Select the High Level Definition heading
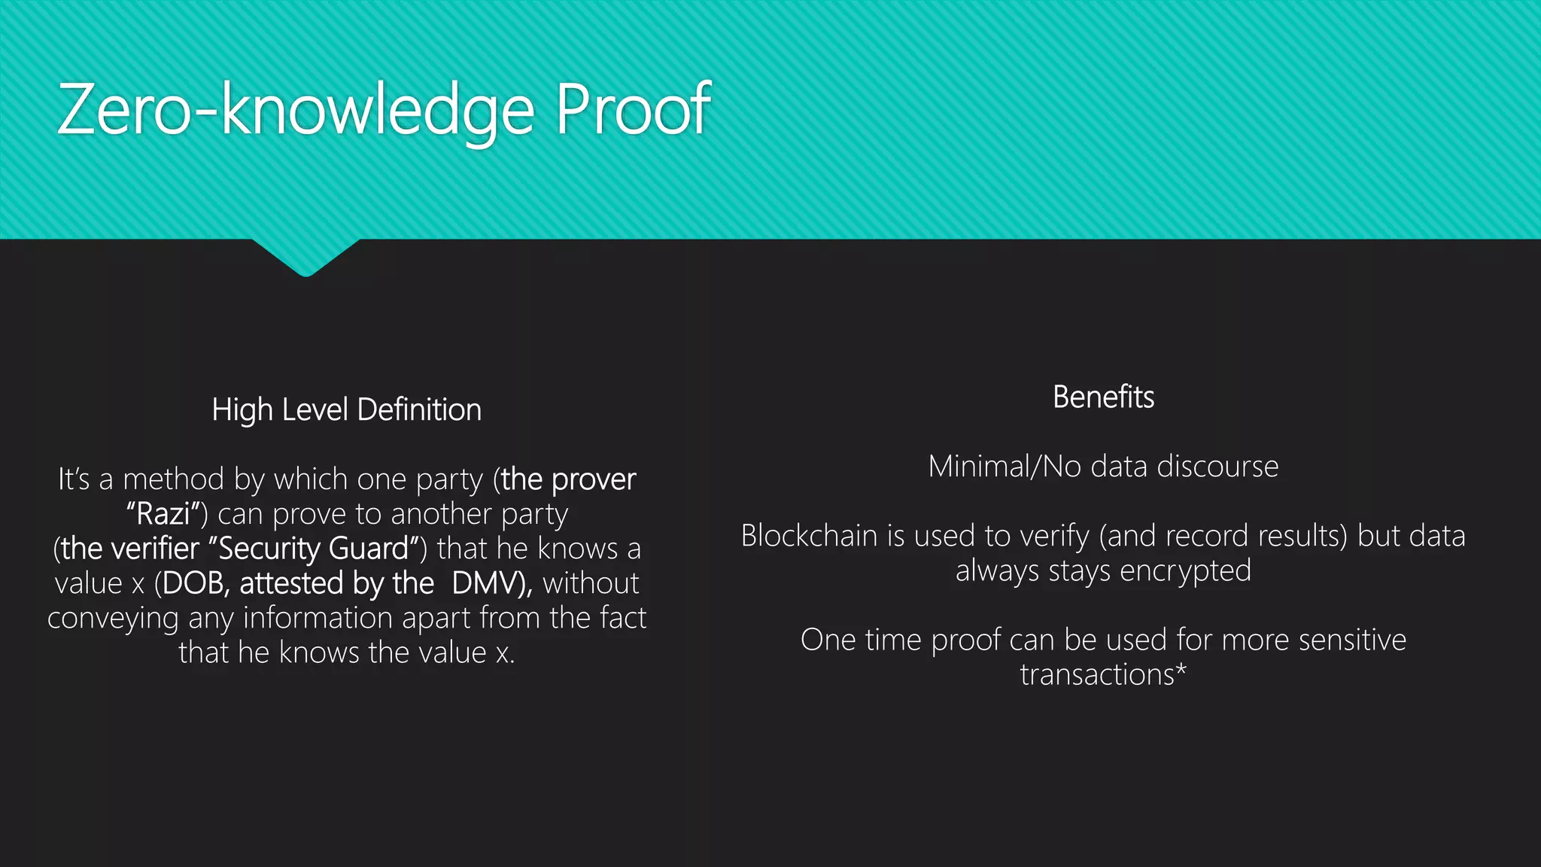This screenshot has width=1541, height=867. (x=346, y=410)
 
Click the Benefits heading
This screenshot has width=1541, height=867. (x=1103, y=397)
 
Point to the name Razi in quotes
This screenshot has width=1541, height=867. (x=163, y=514)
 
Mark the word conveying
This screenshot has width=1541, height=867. (x=113, y=619)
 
